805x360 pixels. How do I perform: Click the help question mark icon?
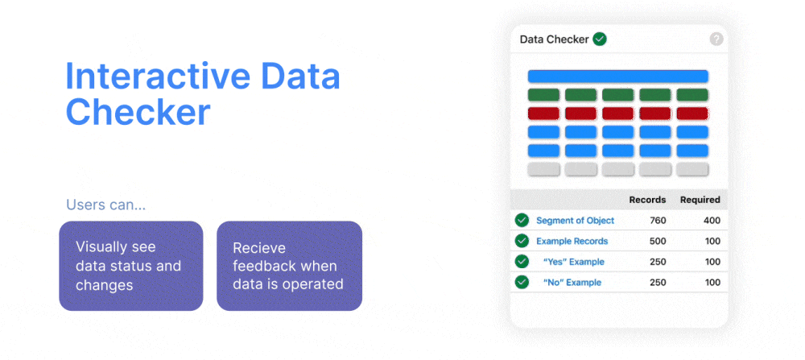pos(716,39)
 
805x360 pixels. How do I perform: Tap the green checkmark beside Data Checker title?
pos(600,39)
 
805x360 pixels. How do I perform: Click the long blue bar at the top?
pos(617,76)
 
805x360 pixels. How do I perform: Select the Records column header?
pos(647,200)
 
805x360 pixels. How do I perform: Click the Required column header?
pos(700,200)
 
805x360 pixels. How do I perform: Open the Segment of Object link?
pos(575,221)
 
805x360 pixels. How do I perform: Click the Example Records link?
pos(572,241)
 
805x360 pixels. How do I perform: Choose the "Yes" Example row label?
pos(573,262)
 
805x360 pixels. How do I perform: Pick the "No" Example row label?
pos(572,283)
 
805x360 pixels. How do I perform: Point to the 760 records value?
pos(658,221)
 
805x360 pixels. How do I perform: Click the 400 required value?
pos(712,221)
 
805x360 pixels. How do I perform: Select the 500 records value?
pos(658,241)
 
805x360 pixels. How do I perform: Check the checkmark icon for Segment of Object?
pos(522,220)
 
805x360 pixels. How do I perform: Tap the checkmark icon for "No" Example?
pos(522,282)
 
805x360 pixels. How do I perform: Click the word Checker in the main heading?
pos(138,111)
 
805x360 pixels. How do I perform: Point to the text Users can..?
pos(105,205)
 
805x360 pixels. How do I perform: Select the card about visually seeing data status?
pos(130,266)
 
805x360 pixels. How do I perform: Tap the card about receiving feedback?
pos(289,266)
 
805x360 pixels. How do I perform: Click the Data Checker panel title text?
pos(554,39)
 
